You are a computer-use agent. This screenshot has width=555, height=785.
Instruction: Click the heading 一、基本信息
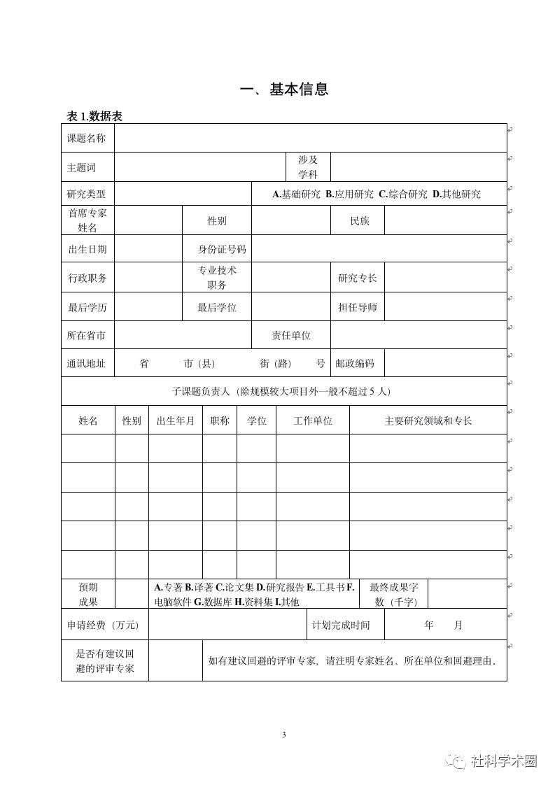pyautogui.click(x=283, y=90)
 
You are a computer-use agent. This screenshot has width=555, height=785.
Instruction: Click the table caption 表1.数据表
pyautogui.click(x=94, y=117)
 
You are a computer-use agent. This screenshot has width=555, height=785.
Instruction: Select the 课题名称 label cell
pyautogui.click(x=87, y=139)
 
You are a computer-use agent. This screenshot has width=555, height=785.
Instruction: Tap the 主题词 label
pyautogui.click(x=81, y=168)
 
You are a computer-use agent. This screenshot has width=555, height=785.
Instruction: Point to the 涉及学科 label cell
pyautogui.click(x=308, y=167)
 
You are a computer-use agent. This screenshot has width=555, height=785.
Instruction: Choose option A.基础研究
pyautogui.click(x=296, y=195)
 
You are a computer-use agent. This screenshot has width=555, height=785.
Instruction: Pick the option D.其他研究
pyautogui.click(x=456, y=195)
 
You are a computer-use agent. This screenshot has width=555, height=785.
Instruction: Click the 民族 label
pyautogui.click(x=360, y=221)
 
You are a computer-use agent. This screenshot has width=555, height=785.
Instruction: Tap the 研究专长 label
pyautogui.click(x=357, y=278)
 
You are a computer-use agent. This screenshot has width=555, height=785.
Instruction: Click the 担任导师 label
pyautogui.click(x=357, y=307)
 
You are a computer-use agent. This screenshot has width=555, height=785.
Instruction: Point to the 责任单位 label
pyautogui.click(x=291, y=336)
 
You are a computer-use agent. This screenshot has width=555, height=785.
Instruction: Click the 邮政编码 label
pyautogui.click(x=355, y=364)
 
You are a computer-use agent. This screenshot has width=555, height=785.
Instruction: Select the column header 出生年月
pyautogui.click(x=176, y=421)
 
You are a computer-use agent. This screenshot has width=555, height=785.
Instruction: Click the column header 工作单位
pyautogui.click(x=313, y=421)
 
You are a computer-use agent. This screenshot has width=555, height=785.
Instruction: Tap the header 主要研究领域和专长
pyautogui.click(x=428, y=421)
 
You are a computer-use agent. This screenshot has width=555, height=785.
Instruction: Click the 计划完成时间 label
pyautogui.click(x=341, y=625)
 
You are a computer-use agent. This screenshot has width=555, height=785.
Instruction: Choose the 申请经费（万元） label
pyautogui.click(x=103, y=625)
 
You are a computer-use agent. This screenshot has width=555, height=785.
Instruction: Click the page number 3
pyautogui.click(x=283, y=735)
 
